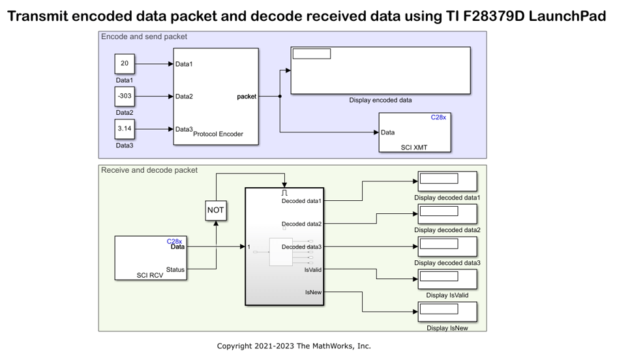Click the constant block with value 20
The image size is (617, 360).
click(124, 64)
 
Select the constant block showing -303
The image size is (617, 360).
click(124, 96)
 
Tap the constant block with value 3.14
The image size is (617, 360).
click(124, 128)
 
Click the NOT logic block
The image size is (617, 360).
click(216, 211)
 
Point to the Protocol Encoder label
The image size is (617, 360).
click(218, 134)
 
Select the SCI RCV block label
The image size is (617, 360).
click(150, 275)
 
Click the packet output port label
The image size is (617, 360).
click(247, 97)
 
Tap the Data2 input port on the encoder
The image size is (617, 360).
click(184, 97)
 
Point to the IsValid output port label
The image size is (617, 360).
click(312, 269)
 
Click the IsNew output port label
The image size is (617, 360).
click(313, 292)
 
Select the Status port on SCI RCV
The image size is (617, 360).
click(175, 269)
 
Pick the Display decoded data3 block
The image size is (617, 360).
click(447, 247)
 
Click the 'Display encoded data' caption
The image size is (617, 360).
click(380, 100)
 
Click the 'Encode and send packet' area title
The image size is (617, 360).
click(144, 37)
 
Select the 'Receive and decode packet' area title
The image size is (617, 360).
click(149, 170)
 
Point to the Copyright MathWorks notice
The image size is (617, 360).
click(293, 346)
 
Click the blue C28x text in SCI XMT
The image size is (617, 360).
click(438, 117)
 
